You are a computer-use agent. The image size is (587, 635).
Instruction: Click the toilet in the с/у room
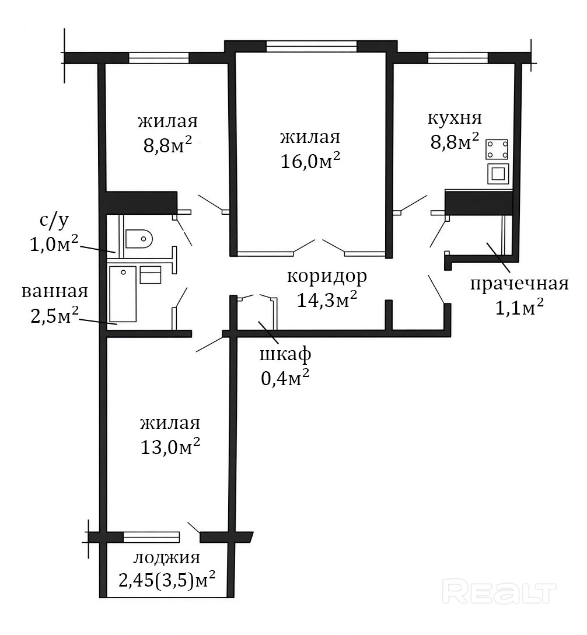click(138, 239)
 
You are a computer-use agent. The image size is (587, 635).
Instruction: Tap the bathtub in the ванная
click(123, 294)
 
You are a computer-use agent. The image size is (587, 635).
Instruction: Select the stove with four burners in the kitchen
click(498, 149)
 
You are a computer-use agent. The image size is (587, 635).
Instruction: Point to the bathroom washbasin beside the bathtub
click(151, 274)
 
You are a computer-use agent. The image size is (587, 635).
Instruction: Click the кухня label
click(455, 118)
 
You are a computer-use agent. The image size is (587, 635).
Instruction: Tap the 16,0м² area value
click(310, 162)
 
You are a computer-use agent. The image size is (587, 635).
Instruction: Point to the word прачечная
click(519, 284)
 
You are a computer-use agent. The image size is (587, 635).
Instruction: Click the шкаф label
click(285, 355)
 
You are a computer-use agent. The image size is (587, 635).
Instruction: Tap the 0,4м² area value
click(285, 378)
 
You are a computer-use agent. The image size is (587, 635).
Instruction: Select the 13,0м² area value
click(170, 447)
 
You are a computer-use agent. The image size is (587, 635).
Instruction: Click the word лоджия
click(167, 557)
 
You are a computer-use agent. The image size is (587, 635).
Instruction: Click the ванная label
click(55, 291)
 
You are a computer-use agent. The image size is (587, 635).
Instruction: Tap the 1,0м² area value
click(54, 244)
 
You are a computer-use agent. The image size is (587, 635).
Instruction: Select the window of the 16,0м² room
click(312, 47)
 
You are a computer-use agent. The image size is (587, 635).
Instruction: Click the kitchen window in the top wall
click(458, 58)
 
